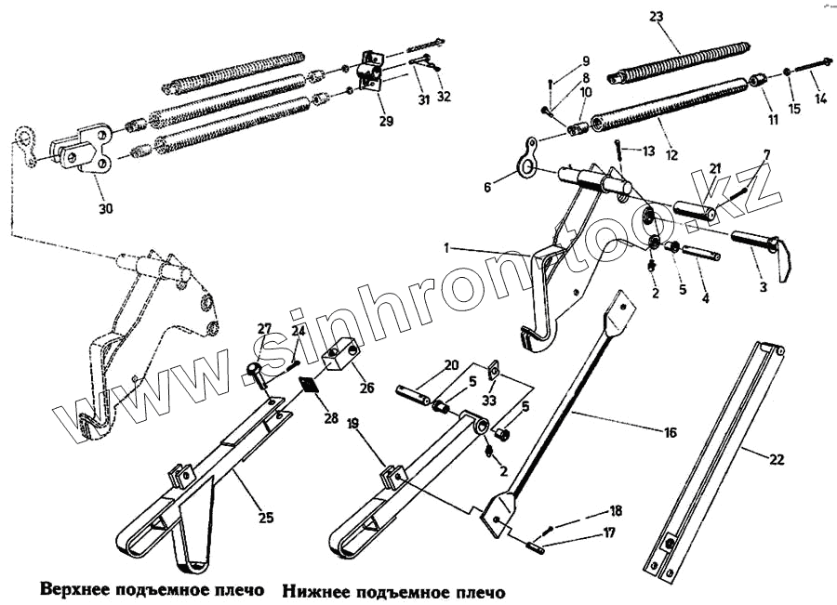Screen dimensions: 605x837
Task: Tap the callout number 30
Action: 106,209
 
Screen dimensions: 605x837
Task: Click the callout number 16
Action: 670,432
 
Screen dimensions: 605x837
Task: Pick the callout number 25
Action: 265,518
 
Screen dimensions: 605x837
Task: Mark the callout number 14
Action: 819,98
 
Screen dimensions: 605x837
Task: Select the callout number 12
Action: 671,152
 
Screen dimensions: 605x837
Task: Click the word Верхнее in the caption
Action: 78,590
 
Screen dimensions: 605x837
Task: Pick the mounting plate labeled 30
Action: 86,149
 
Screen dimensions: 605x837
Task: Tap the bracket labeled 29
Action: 370,73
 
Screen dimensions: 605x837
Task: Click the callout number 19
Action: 352,423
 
